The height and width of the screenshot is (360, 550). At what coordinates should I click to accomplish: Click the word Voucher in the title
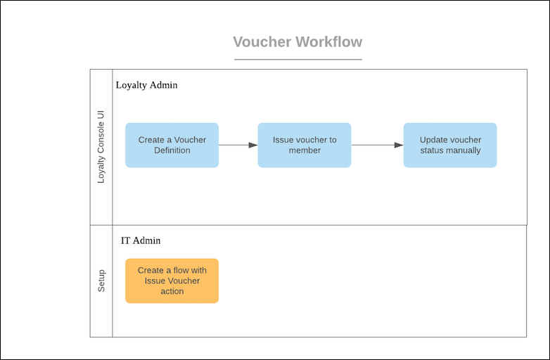coord(262,41)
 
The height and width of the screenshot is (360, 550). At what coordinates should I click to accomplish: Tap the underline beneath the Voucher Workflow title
coord(298,59)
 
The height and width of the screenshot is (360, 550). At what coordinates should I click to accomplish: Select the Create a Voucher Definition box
coord(172,145)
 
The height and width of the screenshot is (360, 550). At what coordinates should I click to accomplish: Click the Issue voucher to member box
coord(304,145)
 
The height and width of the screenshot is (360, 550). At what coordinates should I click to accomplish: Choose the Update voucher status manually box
coord(450,145)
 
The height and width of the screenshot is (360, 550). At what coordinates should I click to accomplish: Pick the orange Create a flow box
coord(172,281)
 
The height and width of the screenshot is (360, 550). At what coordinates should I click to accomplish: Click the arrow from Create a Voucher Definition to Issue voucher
coord(238,145)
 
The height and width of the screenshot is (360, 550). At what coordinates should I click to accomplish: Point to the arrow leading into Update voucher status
coord(377,145)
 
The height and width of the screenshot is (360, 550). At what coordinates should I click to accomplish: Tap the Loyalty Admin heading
coord(146,85)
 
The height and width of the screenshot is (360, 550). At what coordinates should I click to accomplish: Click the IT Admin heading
coord(141,240)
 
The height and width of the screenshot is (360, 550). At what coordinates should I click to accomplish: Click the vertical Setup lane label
coord(101,281)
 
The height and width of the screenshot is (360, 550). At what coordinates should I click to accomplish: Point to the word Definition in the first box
coord(172,150)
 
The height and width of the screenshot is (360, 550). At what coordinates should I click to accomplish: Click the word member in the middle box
coord(305,150)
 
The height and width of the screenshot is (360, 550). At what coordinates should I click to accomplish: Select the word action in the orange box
coord(172,291)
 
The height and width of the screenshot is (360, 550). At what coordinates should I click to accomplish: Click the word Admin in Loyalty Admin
coord(163,85)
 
